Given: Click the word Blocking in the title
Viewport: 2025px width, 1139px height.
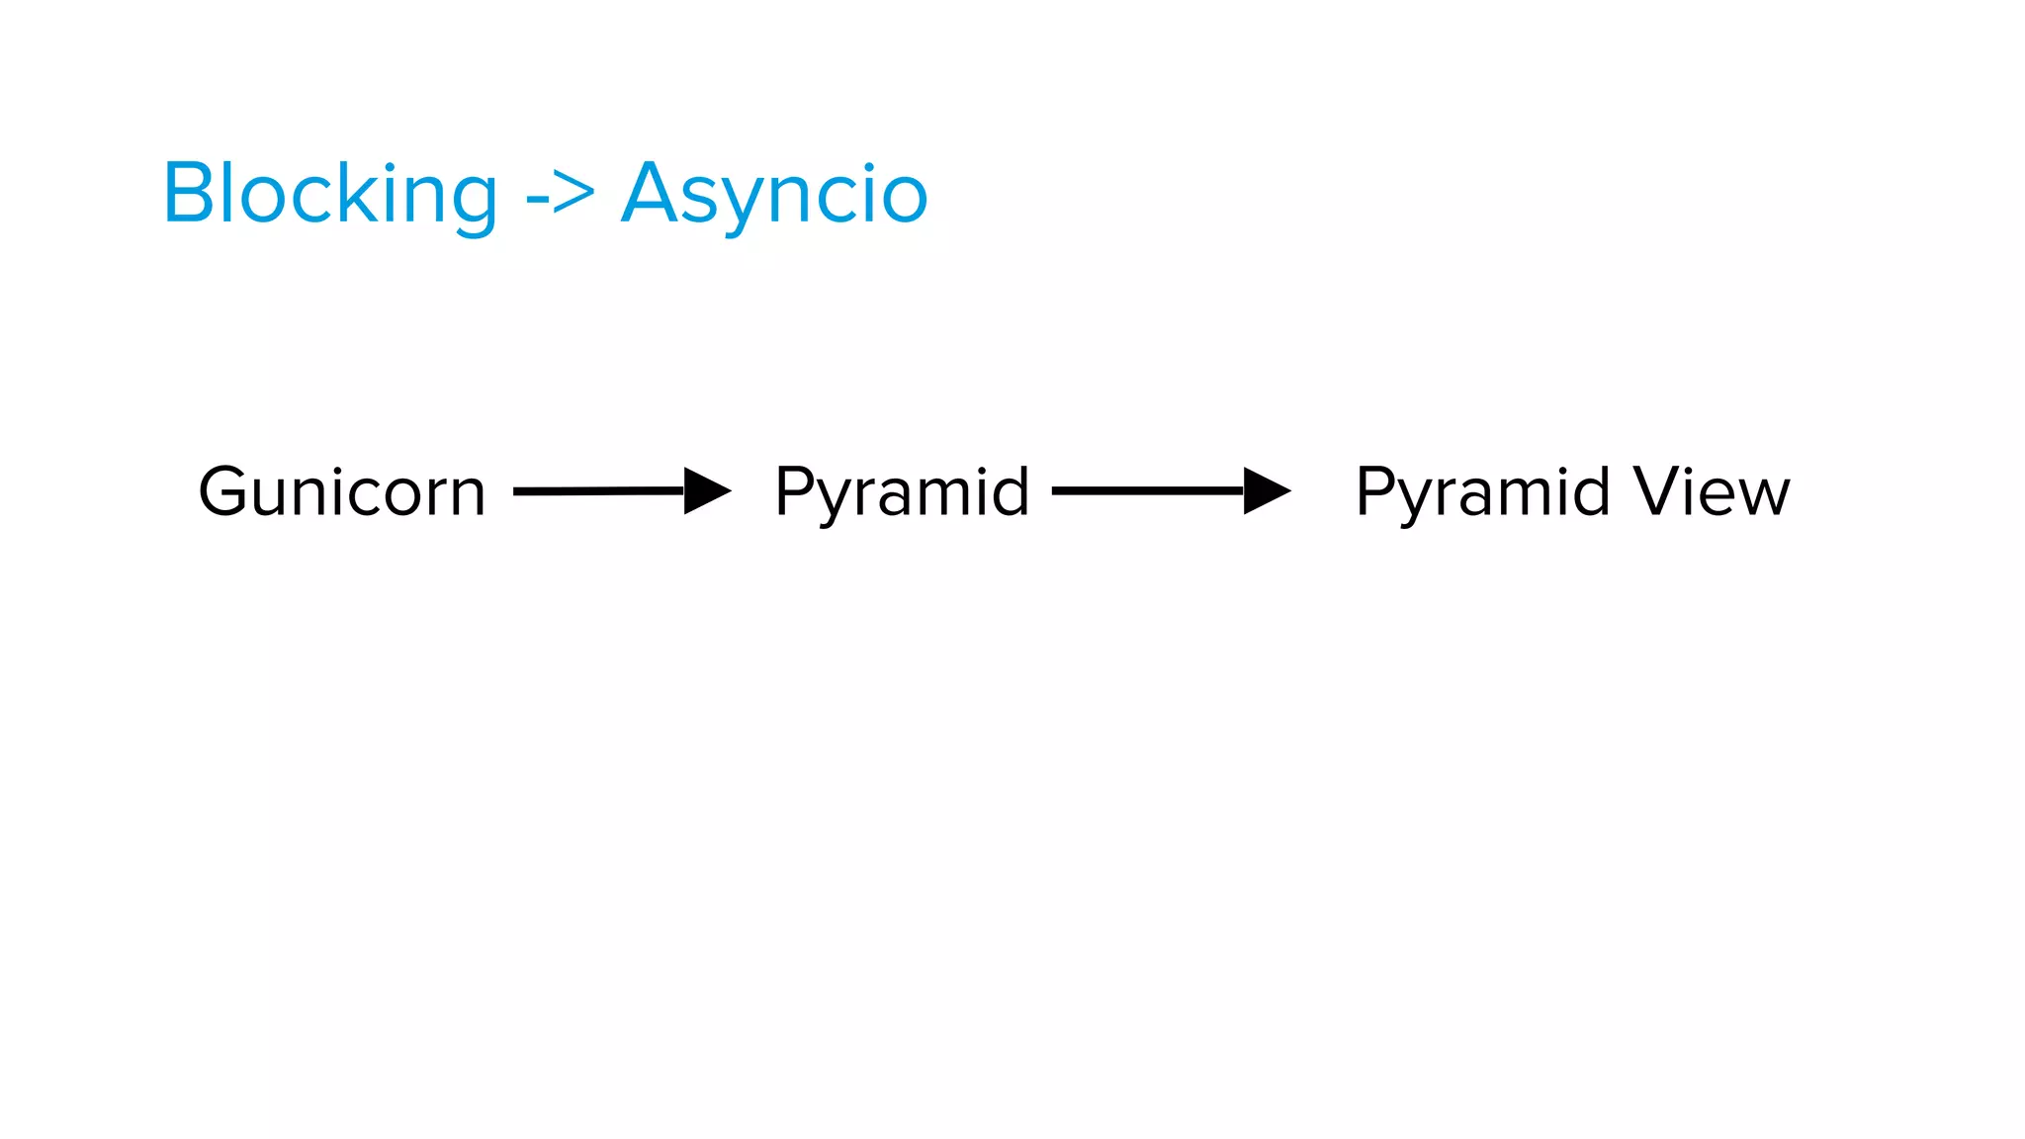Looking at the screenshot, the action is coord(330,194).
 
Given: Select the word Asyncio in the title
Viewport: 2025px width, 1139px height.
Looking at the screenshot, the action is coord(774,194).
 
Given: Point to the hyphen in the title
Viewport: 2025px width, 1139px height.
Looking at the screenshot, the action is coord(536,198).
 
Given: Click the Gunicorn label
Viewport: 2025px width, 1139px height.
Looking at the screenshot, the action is coord(342,491).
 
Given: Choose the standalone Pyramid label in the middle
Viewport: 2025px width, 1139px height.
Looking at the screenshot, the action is coord(902,491).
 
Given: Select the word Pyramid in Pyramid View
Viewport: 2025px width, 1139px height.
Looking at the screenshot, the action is coord(1482,491).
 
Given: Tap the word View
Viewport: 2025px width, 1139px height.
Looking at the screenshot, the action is coord(1712,491).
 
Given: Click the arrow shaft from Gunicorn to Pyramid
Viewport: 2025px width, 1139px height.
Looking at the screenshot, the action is coord(599,490).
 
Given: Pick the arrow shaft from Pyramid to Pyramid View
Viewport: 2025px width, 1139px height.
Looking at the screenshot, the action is coord(1147,490).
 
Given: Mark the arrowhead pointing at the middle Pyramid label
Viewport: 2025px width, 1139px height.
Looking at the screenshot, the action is coord(706,490).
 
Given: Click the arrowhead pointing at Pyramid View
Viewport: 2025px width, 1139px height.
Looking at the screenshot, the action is coord(1266,490).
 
